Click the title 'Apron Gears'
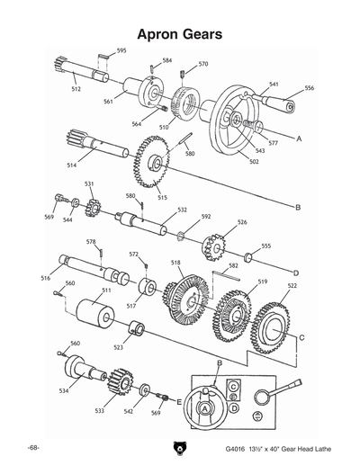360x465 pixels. click(179, 33)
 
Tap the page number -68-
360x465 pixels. click(33, 447)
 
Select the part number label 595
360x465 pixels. click(121, 51)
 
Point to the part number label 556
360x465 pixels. click(309, 88)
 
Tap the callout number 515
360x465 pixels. click(162, 197)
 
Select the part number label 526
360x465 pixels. click(241, 222)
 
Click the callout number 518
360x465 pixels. click(175, 263)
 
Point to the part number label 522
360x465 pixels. click(292, 285)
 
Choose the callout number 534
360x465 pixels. click(63, 391)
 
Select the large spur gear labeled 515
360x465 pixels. click(150, 165)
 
